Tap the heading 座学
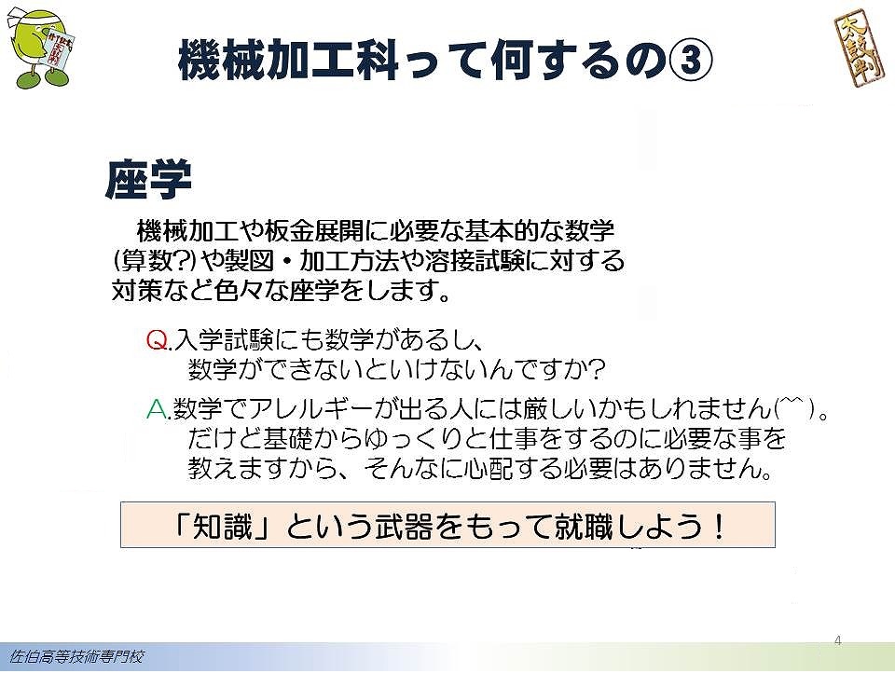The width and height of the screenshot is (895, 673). pyautogui.click(x=148, y=179)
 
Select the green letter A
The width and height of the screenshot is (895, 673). pyautogui.click(x=157, y=408)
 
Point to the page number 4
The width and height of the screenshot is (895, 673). pyautogui.click(x=837, y=640)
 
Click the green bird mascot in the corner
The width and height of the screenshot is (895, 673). pyautogui.click(x=41, y=48)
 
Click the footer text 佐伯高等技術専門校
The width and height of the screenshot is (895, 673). pyautogui.click(x=76, y=657)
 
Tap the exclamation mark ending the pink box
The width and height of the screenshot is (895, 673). pyautogui.click(x=719, y=526)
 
